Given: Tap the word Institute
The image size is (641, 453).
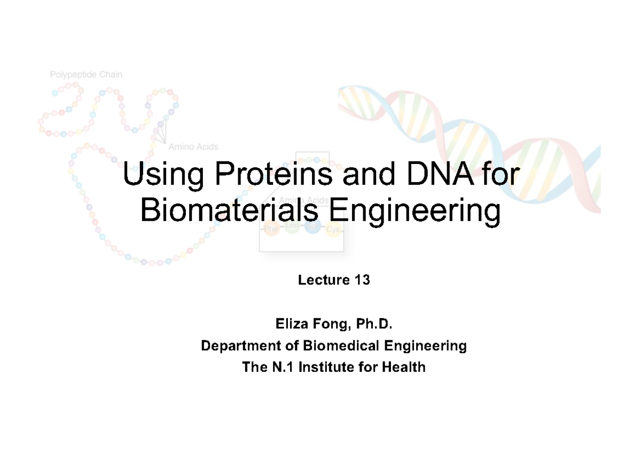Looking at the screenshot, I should pyautogui.click(x=331, y=368).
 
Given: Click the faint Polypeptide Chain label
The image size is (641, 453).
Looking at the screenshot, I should pyautogui.click(x=86, y=75).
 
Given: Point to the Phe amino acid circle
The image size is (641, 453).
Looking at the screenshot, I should pyautogui.click(x=271, y=229).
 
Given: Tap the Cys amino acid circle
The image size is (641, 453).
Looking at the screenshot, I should pyautogui.click(x=333, y=229).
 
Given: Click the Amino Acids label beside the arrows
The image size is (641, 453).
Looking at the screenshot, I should pyautogui.click(x=193, y=146).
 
